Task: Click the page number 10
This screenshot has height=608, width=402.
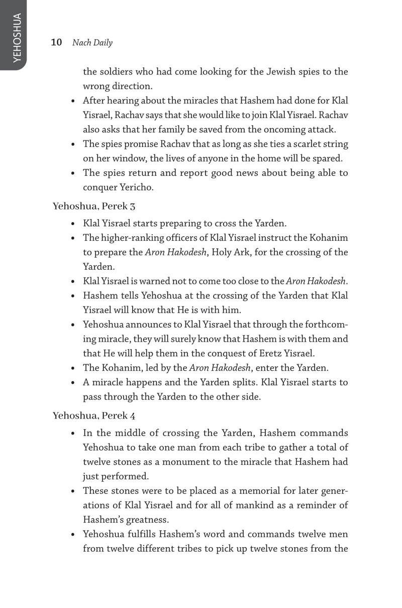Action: (56, 43)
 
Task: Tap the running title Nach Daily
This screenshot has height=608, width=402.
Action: (92, 43)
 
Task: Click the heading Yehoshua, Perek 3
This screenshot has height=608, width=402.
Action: (94, 206)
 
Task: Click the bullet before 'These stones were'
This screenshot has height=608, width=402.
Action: (73, 491)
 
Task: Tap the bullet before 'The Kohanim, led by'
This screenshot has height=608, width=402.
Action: (73, 368)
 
